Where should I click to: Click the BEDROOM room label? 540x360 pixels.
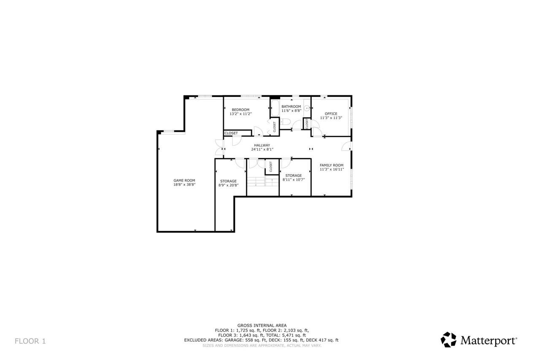pyautogui.click(x=240, y=110)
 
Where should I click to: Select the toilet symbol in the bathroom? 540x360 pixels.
pyautogui.click(x=285, y=122)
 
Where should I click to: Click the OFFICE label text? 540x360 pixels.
pyautogui.click(x=331, y=114)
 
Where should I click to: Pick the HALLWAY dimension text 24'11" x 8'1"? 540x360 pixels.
pyautogui.click(x=262, y=149)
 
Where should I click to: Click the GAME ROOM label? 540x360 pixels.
pyautogui.click(x=184, y=180)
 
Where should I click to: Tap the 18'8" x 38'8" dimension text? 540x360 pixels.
pyautogui.click(x=184, y=184)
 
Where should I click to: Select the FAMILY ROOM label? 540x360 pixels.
pyautogui.click(x=332, y=165)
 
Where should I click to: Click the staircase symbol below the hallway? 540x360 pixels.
pyautogui.click(x=256, y=182)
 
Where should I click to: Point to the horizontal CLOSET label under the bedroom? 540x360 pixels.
pyautogui.click(x=231, y=133)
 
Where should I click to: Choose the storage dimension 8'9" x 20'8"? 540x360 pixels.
pyautogui.click(x=228, y=185)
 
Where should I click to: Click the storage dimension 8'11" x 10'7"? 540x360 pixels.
pyautogui.click(x=294, y=179)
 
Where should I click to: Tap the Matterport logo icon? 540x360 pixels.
pyautogui.click(x=448, y=340)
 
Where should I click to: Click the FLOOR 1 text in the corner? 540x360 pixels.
pyautogui.click(x=30, y=341)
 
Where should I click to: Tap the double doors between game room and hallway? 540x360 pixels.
pyautogui.click(x=219, y=147)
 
